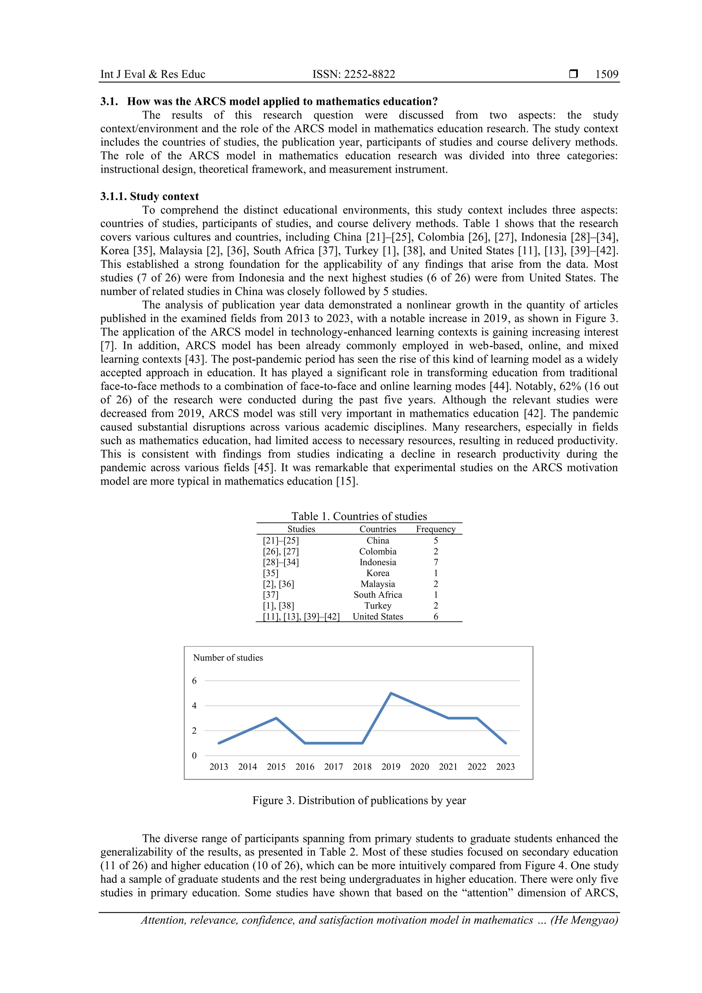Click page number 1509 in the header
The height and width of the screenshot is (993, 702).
coord(606,74)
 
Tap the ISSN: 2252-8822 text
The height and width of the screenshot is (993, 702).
coord(353,74)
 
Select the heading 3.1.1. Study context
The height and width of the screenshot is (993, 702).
coord(150,196)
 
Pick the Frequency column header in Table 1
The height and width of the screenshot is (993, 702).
coord(436,529)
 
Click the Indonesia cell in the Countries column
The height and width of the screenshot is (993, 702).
coord(378,562)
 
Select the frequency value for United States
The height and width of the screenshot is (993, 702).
coord(436,617)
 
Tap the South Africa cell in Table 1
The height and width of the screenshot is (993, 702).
coord(378,595)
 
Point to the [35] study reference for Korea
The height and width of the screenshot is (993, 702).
coord(270,573)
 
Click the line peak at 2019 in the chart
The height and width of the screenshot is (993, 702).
coord(391,693)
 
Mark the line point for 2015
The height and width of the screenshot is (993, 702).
coord(276,718)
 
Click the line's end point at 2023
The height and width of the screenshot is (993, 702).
coord(506,743)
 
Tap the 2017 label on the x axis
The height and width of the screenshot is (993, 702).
coord(334,767)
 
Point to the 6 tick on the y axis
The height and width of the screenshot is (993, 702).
coord(194,681)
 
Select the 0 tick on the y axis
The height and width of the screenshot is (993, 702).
coord(194,755)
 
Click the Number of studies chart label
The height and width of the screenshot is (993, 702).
coord(228,658)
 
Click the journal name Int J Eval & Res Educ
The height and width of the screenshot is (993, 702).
coord(153,74)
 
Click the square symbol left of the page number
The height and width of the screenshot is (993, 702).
coord(573,74)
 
